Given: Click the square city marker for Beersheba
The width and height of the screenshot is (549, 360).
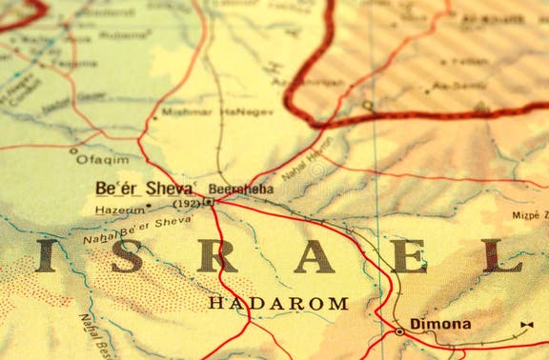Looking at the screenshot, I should [x=208, y=202].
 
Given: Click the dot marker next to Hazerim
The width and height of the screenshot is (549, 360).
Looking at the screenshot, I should [x=148, y=206].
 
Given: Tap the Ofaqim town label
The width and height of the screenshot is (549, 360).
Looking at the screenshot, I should [x=102, y=159].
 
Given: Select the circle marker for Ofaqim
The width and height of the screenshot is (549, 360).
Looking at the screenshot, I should [x=73, y=150].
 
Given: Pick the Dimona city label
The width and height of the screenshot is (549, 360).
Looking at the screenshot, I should [x=440, y=324].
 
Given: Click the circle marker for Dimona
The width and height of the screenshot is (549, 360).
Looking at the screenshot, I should [x=399, y=330].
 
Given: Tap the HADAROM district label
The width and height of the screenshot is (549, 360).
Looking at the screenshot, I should [x=278, y=303].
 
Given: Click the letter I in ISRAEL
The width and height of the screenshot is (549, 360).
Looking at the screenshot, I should [x=46, y=255].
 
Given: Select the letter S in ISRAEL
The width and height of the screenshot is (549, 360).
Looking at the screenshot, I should [x=128, y=255].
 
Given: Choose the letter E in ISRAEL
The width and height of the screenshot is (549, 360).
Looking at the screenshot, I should [x=408, y=255].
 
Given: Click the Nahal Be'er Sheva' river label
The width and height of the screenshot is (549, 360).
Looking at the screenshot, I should [x=137, y=230].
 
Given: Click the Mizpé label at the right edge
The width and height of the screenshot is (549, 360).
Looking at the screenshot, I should [x=530, y=215].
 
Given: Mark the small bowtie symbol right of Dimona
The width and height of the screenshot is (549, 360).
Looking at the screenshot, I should [x=526, y=326].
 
